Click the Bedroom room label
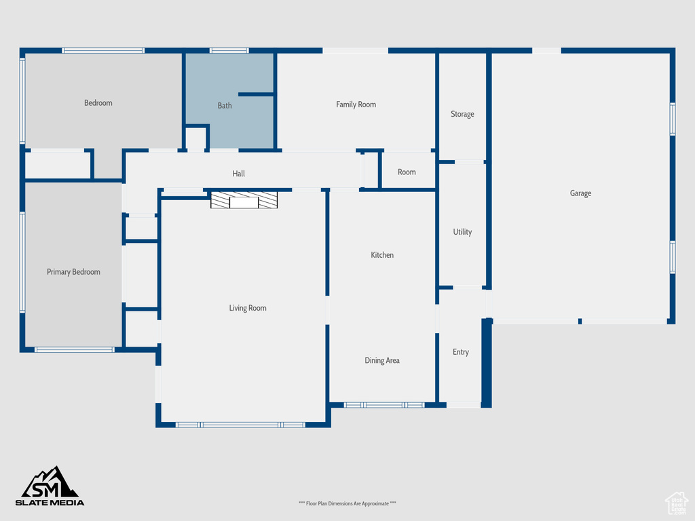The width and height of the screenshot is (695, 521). point(98,103)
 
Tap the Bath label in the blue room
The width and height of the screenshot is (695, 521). point(224,105)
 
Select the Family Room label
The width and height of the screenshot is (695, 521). point(356,104)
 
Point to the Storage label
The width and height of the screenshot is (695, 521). point(462,114)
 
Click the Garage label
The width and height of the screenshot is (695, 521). point(580,193)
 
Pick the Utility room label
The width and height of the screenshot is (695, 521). point(462,232)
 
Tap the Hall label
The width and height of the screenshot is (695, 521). point(238,174)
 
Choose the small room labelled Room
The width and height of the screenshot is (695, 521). point(407,172)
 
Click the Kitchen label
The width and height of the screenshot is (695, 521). point(382,255)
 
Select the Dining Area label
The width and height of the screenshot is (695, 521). point(382,361)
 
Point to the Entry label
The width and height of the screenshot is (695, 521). point(461,352)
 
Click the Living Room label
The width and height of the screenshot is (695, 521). point(247,308)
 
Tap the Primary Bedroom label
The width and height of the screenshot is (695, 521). point(73,272)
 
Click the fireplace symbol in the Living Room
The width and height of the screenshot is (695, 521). point(244,200)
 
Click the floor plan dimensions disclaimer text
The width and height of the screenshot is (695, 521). point(347,503)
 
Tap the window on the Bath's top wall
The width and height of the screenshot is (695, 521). point(229,50)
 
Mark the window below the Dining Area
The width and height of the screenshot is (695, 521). point(384,405)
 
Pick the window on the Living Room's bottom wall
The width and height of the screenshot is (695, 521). point(240,425)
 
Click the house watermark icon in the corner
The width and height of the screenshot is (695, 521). point(677,503)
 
